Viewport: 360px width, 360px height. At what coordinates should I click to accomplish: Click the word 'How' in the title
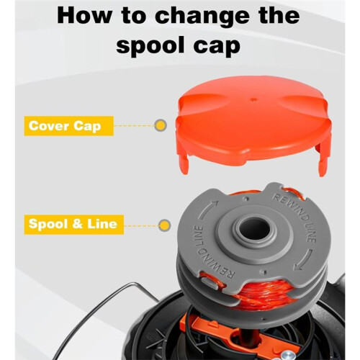tap(84, 16)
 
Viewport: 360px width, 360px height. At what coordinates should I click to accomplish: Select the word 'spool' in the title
tap(153, 46)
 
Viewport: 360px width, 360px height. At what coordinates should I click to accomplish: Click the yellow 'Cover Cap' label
tap(68, 126)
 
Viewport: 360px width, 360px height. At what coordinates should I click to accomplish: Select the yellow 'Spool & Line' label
tap(74, 224)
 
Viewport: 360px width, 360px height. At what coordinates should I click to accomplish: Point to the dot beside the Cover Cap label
tap(161, 125)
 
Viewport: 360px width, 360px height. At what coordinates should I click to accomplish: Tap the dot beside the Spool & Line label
tap(165, 225)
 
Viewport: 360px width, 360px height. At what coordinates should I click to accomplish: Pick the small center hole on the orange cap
tap(253, 99)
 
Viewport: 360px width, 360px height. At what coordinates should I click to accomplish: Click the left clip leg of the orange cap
tap(184, 163)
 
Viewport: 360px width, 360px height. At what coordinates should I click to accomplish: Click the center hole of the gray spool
tap(255, 229)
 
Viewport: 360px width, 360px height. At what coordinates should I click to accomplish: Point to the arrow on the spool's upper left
tap(207, 209)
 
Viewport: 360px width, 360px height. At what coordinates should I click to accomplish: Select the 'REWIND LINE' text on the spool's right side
tap(297, 217)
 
